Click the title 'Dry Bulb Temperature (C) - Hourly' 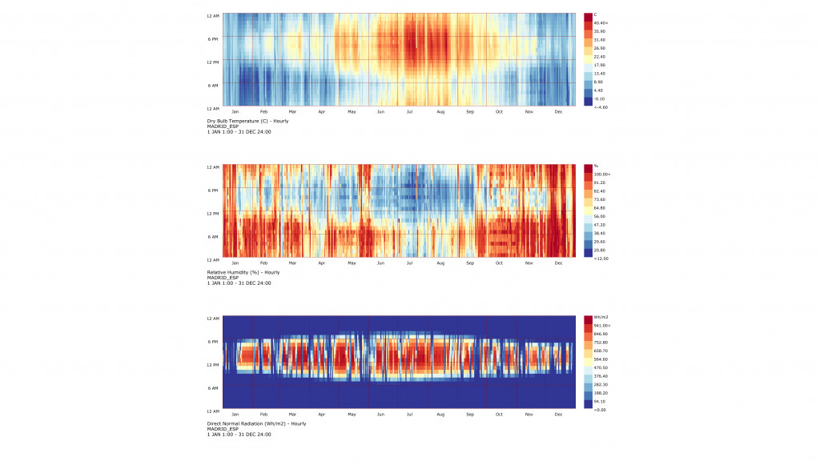click(247, 121)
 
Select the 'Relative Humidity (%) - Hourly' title click(243, 272)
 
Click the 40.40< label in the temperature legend click(601, 22)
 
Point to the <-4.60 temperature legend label click(601, 106)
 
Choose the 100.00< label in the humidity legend click(602, 174)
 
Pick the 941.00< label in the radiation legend click(602, 325)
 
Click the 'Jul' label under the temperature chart click(410, 112)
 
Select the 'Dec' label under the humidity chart click(558, 263)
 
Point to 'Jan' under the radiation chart click(235, 415)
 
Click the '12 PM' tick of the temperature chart click(213, 62)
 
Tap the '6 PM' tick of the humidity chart click(214, 190)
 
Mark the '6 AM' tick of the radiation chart click(214, 388)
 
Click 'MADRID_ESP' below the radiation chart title click(223, 429)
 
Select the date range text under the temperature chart click(239, 132)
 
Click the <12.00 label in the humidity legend click(601, 258)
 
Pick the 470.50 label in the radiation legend click(601, 367)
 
